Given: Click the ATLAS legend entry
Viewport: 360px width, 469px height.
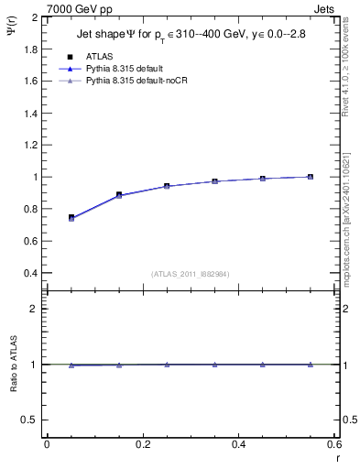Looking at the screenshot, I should (98, 56).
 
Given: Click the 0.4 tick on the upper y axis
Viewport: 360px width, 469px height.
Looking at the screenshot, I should (32, 273).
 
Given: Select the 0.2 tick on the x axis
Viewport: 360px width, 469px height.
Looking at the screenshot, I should (142, 444).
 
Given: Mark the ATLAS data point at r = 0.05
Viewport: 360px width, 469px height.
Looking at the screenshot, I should (71, 217).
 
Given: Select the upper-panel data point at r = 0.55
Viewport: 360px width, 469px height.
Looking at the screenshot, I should (311, 177).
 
